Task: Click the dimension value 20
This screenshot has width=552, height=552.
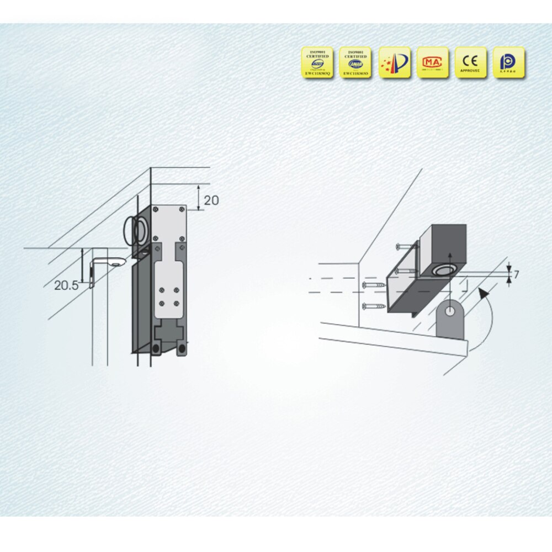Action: pyautogui.click(x=211, y=200)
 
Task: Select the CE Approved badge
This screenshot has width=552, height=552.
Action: pyautogui.click(x=471, y=62)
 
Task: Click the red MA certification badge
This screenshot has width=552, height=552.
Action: pyautogui.click(x=432, y=62)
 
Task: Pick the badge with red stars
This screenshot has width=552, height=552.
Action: pyautogui.click(x=395, y=62)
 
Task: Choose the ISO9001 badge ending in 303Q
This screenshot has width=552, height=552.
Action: pyautogui.click(x=317, y=62)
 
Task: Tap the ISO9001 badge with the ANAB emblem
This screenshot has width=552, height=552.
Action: pyautogui.click(x=355, y=62)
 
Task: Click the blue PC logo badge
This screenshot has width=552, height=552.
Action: pyautogui.click(x=508, y=62)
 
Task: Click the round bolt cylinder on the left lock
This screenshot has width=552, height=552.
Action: pyautogui.click(x=139, y=230)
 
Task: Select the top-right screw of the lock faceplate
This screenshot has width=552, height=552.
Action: pyautogui.click(x=181, y=209)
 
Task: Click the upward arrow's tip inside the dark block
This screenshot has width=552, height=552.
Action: pyautogui.click(x=450, y=254)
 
